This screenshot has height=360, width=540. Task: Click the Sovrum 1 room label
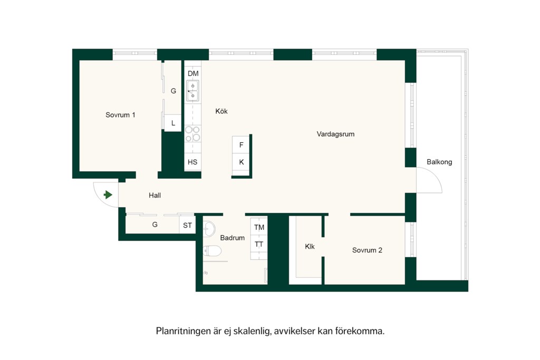[x=120, y=115]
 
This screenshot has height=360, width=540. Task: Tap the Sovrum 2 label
[x=367, y=250]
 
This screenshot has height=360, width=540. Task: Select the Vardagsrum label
[x=335, y=134]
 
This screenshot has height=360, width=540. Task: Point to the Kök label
[x=221, y=111]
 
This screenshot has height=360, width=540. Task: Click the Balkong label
[x=439, y=162]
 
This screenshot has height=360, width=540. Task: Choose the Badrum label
[x=233, y=238]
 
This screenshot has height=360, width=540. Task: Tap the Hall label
[x=155, y=196]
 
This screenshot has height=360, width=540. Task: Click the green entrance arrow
[x=108, y=195]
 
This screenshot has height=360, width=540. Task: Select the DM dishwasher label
[x=193, y=74]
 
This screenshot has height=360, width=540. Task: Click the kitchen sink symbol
[x=193, y=91]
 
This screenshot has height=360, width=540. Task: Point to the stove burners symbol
[x=193, y=134]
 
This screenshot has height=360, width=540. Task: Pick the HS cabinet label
[x=192, y=162]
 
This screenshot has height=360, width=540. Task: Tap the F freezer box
[x=241, y=145]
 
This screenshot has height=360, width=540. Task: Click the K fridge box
[x=241, y=162]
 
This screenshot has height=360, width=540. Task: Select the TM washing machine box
[x=259, y=227]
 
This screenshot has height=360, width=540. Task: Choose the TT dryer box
[x=259, y=245]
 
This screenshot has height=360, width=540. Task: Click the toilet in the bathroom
[x=212, y=251]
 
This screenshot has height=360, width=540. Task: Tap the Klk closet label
[x=310, y=247]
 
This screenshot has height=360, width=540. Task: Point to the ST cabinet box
[x=187, y=225]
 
